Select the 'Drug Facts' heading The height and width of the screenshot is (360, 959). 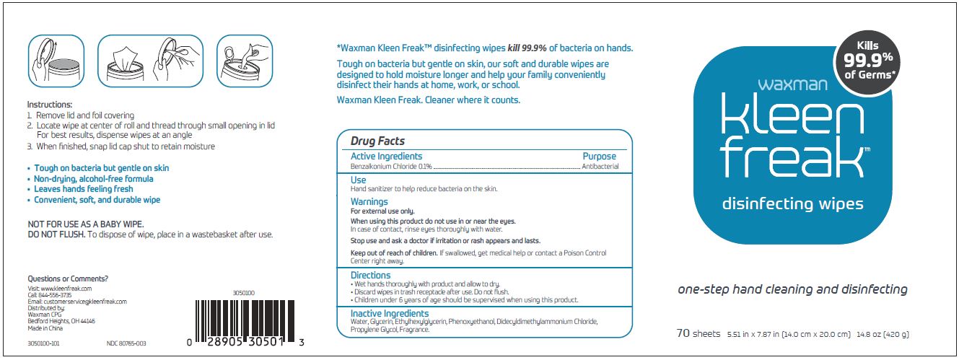pos(377,141)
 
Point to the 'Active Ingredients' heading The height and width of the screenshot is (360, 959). pos(386,157)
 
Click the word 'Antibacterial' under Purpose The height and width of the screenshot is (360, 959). pos(600,167)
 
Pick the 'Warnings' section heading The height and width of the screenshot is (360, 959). pos(369,202)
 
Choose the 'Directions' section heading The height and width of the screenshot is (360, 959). pos(370,275)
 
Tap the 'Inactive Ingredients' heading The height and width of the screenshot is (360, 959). pos(390,314)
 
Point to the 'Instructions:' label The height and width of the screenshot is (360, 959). pos(50,105)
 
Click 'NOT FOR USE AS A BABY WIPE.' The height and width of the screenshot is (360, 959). pos(85,224)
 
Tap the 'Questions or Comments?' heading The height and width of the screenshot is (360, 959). pos(68,278)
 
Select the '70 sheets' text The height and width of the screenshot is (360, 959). pos(698,334)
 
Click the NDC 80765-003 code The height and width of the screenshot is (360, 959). pos(126,343)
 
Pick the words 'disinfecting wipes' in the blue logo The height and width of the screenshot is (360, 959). pos(792,204)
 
